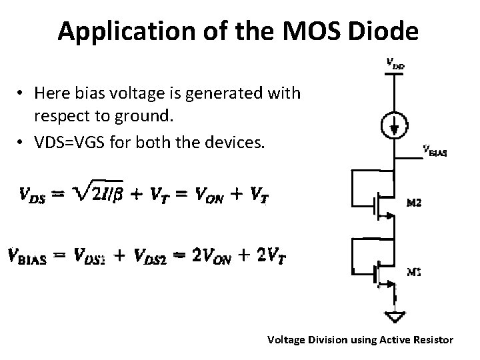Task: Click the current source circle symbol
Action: click(395, 125)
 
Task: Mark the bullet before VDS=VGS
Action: click(22, 144)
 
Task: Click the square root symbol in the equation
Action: click(79, 195)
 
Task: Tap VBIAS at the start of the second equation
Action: click(33, 256)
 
